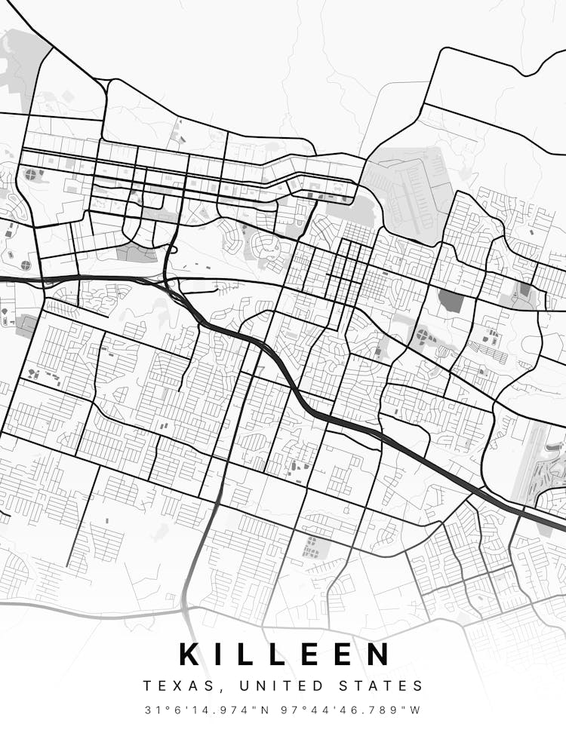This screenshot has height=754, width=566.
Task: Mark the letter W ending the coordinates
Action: [x=416, y=710]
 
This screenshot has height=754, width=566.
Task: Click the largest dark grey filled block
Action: [x=451, y=301]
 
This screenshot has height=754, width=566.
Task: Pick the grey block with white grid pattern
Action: [x=310, y=547]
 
